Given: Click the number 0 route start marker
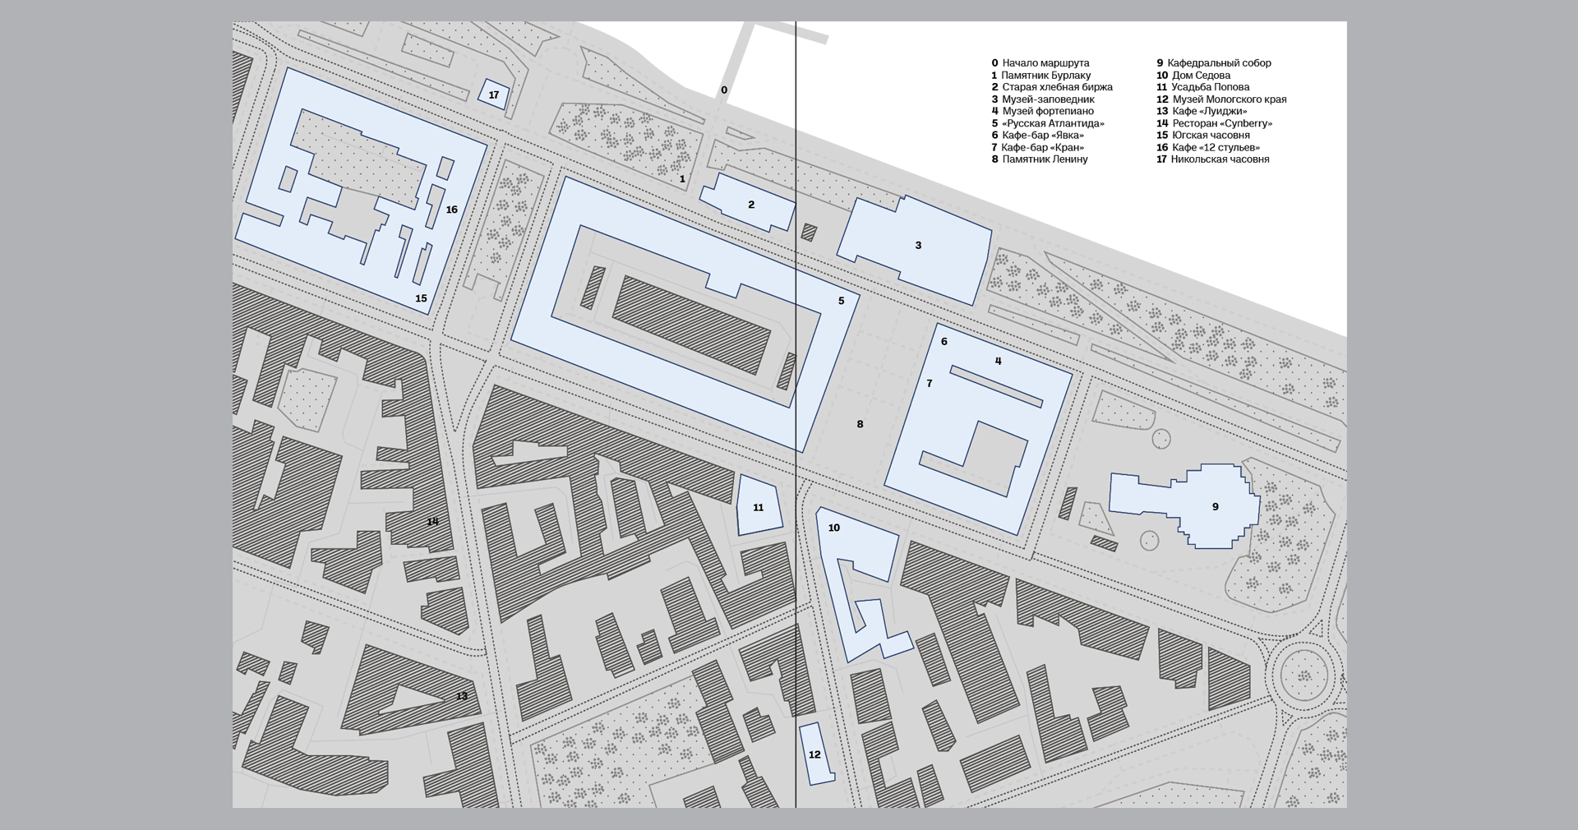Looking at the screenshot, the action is (724, 90).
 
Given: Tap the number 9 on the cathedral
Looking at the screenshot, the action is (1216, 507).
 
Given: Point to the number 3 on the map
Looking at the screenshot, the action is (918, 246).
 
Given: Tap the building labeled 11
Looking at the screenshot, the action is (759, 505).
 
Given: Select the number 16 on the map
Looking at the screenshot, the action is (451, 210).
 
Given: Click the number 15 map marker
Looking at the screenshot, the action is (421, 298).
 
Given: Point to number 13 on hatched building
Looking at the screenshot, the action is (462, 696).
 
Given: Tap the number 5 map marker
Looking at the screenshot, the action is (841, 301).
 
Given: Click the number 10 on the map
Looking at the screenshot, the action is (834, 528).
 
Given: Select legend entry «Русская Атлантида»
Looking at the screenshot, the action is (1048, 123).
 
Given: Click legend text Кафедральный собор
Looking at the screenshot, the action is (1214, 63).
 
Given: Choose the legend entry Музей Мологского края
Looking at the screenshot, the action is (1221, 99).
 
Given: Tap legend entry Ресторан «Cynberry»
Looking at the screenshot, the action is (1215, 123).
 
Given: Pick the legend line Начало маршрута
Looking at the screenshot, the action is (1040, 63).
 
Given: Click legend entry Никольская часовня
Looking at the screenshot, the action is (1213, 159).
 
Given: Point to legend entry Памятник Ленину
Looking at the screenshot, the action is (1040, 159).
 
